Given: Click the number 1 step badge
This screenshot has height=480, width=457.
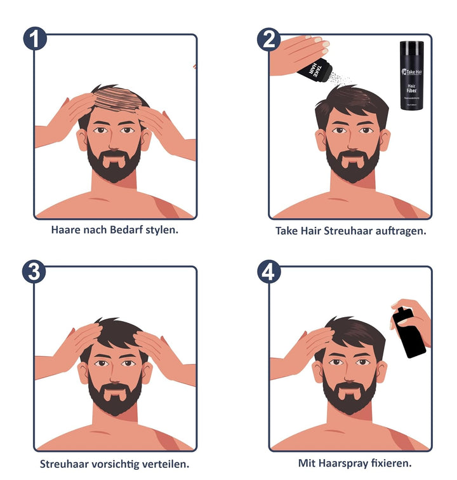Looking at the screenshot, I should point(36,39).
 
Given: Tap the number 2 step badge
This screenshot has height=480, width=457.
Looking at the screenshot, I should point(269,39).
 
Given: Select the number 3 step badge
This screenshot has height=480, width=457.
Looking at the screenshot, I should point(36,271).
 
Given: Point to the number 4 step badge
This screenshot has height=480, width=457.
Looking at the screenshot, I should point(269,271).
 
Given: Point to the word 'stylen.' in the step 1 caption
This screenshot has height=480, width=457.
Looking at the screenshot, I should point(163,229).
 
